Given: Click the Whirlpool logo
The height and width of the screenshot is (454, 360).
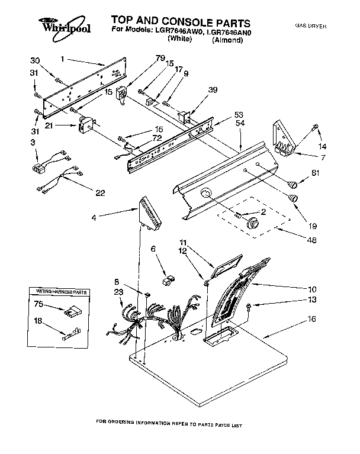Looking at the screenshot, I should [65, 27].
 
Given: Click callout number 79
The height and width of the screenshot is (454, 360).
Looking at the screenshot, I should [143, 57].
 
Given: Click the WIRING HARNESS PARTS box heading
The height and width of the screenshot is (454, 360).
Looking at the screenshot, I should [58, 292].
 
